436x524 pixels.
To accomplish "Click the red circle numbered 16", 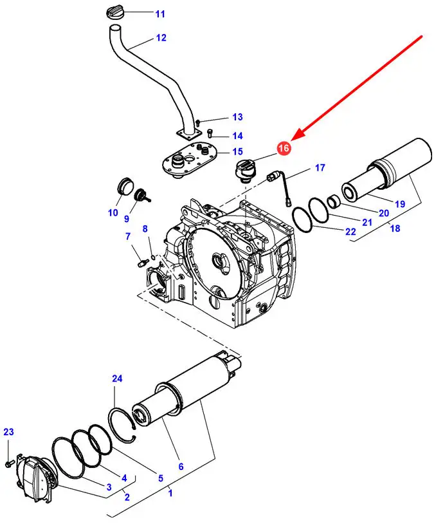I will pyautogui.click(x=284, y=148).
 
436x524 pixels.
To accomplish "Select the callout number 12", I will pyautogui.click(x=161, y=38).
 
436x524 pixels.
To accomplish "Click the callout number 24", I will pyautogui.click(x=116, y=379).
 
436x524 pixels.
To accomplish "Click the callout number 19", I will pyautogui.click(x=400, y=204).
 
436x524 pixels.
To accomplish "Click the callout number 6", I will pyautogui.click(x=181, y=466).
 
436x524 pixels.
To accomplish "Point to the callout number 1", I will pyautogui.click(x=170, y=492).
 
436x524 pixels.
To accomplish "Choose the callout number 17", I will pyautogui.click(x=320, y=169).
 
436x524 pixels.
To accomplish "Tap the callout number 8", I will pyautogui.click(x=145, y=229).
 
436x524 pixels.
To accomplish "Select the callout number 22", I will pyautogui.click(x=350, y=231).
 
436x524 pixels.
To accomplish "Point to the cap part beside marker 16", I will pyautogui.click(x=244, y=173).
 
